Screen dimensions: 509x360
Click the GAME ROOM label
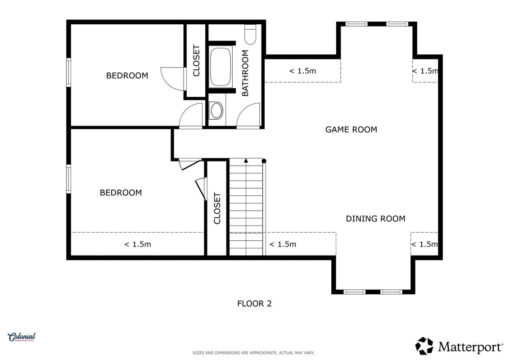pyautogui.click(x=351, y=130)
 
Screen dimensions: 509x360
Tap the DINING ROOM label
pyautogui.click(x=375, y=219)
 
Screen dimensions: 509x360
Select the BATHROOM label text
pyautogui.click(x=245, y=73)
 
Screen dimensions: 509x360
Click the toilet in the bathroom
pyautogui.click(x=250, y=34)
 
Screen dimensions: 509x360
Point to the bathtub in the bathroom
pyautogui.click(x=221, y=67)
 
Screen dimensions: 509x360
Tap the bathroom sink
pyautogui.click(x=216, y=110)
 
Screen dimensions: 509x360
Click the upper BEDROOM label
pyautogui.click(x=127, y=76)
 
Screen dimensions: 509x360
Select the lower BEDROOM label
pyautogui.click(x=121, y=193)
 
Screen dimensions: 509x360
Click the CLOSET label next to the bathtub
pyautogui.click(x=196, y=61)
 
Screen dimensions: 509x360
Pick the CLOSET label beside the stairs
pyautogui.click(x=217, y=208)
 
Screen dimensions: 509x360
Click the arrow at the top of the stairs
pyautogui.click(x=246, y=160)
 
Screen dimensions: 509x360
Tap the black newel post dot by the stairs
pyautogui.click(x=264, y=161)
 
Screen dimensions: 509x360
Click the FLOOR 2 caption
pyautogui.click(x=254, y=304)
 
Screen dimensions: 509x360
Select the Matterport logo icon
pyautogui.click(x=424, y=346)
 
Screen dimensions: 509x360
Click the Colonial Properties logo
pyautogui.click(x=22, y=337)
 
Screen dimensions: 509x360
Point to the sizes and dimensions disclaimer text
pyautogui.click(x=253, y=353)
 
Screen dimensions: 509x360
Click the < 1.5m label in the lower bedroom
pyautogui.click(x=138, y=244)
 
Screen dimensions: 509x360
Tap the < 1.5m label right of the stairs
pyautogui.click(x=283, y=244)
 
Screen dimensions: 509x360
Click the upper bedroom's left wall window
pyautogui.click(x=68, y=72)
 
